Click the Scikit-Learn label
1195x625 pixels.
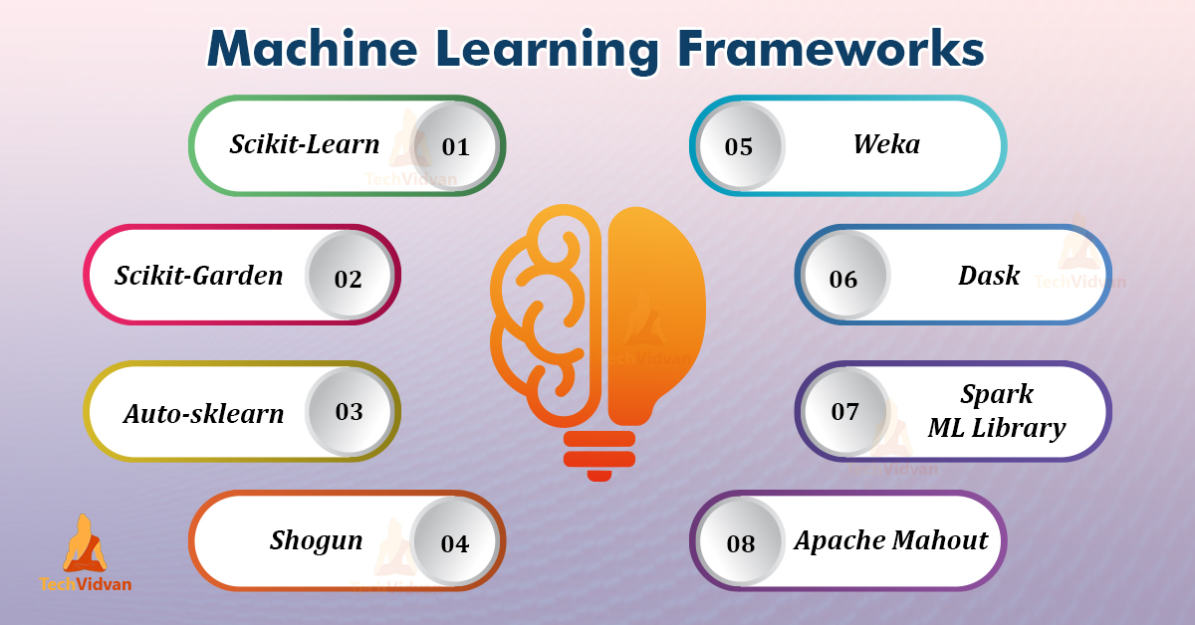point(305,144)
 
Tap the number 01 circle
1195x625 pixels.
point(455,146)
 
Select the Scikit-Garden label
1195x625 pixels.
point(199,275)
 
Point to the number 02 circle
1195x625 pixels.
point(349,278)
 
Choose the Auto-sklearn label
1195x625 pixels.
point(204,413)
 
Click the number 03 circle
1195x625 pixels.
point(350,411)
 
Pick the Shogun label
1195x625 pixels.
point(317,540)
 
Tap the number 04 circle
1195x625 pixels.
point(454,543)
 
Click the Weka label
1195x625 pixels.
point(886,144)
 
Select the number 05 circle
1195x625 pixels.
point(739,146)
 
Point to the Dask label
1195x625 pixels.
point(989,275)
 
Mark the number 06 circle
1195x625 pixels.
point(843,279)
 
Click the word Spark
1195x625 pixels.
point(997,394)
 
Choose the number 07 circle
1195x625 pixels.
point(844,411)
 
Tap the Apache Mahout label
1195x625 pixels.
point(890,540)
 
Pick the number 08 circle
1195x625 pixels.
point(741,543)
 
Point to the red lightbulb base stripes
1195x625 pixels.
point(599,453)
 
